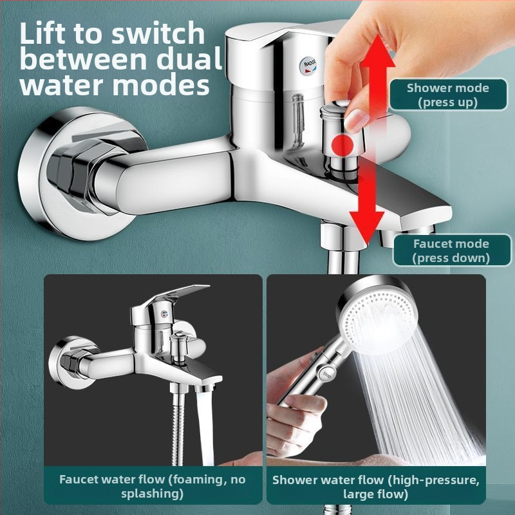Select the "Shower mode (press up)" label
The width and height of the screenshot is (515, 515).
pos(447,95)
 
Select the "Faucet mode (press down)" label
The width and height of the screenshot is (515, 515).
pos(451,250)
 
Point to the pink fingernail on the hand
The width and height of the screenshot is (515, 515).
pos(355,120)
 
